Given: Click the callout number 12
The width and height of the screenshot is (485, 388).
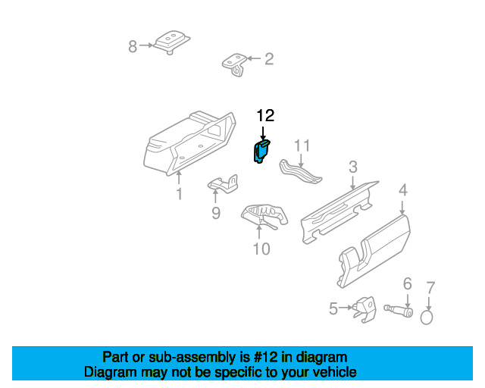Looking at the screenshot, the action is [x=265, y=116].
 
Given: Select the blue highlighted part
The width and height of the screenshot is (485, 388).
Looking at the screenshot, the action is [x=261, y=150].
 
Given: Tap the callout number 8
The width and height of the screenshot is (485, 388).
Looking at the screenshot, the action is [x=133, y=46].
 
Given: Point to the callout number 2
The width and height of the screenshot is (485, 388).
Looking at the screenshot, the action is [x=268, y=58].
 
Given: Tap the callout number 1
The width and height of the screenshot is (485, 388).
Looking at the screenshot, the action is [x=180, y=194].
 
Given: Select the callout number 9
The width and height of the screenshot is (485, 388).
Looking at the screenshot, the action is [x=216, y=214].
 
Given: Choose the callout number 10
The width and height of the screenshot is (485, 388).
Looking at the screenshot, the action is [x=261, y=249].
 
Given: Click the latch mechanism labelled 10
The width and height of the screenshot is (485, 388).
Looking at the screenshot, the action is [x=264, y=214].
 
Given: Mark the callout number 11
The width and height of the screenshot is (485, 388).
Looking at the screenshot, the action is [x=302, y=145].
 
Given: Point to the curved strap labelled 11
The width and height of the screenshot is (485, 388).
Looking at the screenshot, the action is [x=299, y=172].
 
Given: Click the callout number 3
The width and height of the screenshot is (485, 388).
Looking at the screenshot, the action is [x=353, y=167].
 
